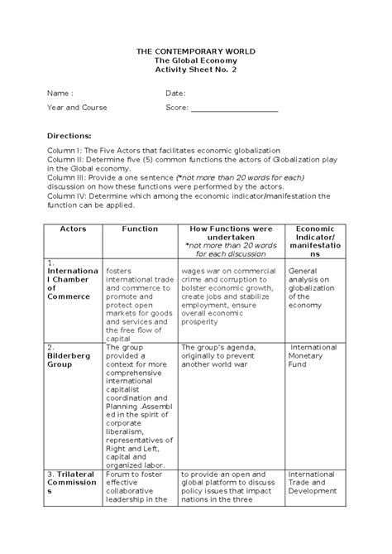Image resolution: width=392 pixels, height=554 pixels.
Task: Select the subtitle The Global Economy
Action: coord(196,60)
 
